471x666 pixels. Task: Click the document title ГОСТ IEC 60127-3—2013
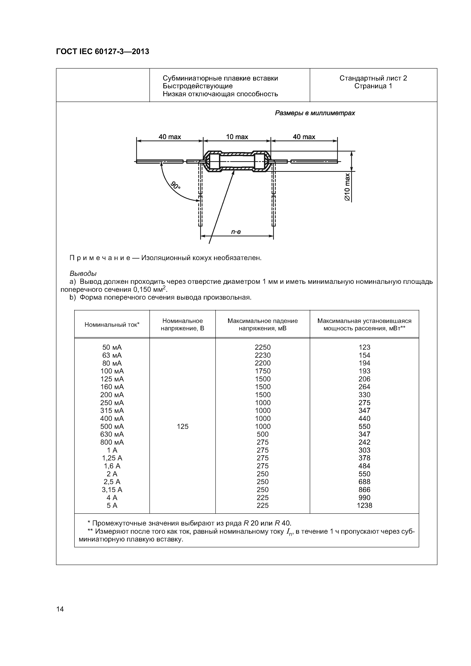[102, 52]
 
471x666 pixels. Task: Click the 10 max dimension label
[237, 137]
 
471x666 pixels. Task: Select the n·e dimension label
[236, 232]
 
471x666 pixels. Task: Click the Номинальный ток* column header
[112, 325]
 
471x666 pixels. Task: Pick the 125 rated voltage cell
[183, 426]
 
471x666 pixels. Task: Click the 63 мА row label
[112, 355]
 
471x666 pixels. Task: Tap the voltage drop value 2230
[263, 355]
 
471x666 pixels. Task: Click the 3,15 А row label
[112, 490]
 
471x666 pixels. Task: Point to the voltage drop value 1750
[263, 371]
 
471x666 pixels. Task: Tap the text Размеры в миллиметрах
[315, 113]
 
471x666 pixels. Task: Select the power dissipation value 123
[364, 347]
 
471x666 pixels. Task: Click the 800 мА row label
[112, 442]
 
